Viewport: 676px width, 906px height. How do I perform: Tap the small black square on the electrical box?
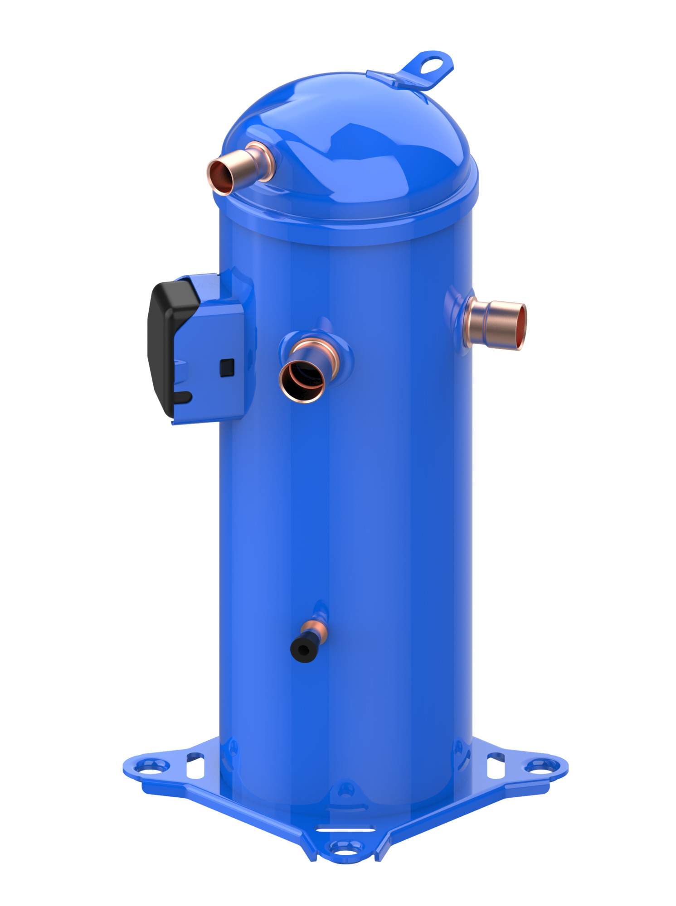[x=227, y=367]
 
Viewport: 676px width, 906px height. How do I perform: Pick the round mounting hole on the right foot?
[x=541, y=766]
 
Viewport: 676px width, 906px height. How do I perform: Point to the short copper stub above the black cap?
[x=315, y=630]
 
